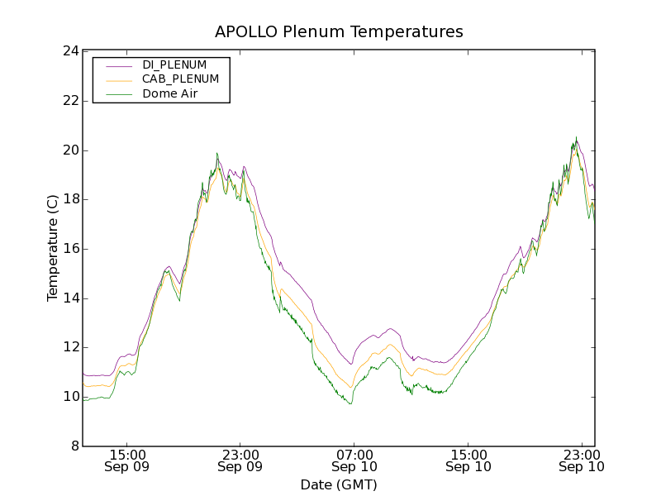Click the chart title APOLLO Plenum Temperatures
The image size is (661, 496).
339,32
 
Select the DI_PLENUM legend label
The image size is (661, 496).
174,64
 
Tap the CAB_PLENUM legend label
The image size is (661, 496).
180,79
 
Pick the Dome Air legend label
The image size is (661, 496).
170,94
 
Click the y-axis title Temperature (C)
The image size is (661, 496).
53,248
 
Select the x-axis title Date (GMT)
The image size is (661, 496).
339,484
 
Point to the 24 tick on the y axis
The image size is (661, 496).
70,51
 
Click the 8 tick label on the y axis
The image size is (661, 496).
74,446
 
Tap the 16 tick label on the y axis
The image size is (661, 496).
70,249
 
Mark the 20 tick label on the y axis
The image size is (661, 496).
70,150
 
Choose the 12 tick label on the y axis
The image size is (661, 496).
70,347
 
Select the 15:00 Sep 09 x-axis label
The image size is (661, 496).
127,460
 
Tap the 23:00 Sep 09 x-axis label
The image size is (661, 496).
240,460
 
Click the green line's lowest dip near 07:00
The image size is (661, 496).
350,403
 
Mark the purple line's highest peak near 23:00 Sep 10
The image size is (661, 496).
577,137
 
